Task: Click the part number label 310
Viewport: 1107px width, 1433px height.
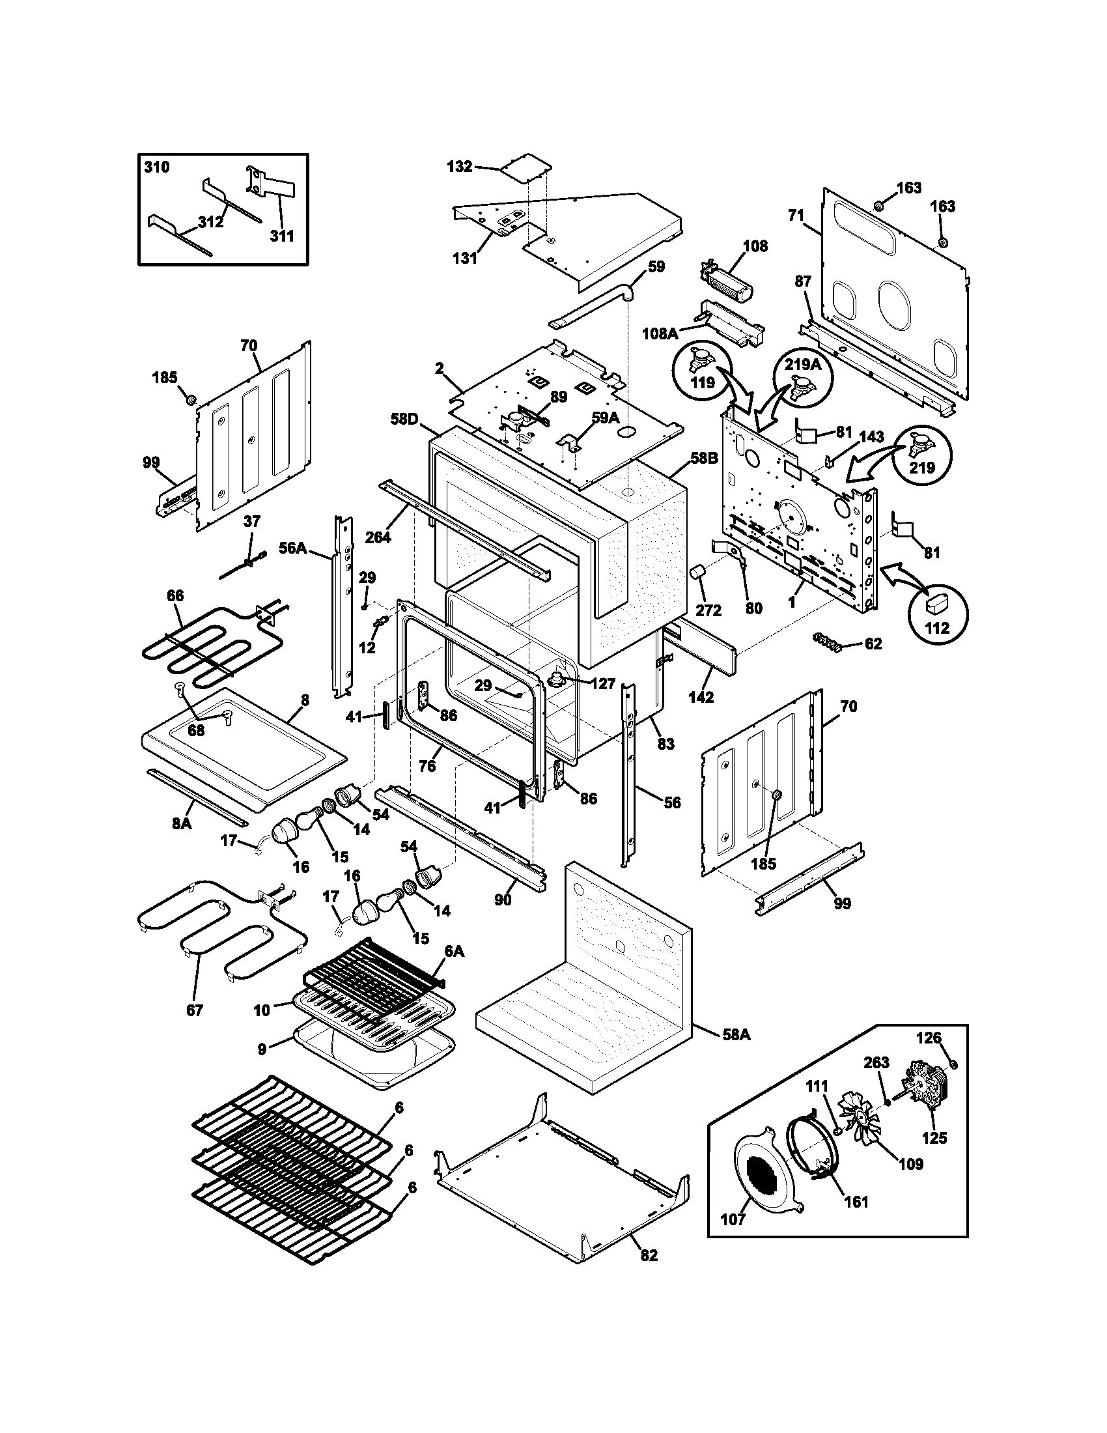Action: [x=156, y=167]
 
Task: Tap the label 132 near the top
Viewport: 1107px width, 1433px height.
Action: [x=459, y=167]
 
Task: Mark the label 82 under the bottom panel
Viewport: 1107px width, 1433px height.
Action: [x=648, y=1255]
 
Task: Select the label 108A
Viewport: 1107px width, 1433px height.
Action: [x=660, y=334]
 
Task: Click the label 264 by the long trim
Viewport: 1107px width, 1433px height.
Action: [x=378, y=537]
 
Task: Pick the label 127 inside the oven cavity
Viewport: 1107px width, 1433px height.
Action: [x=603, y=684]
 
